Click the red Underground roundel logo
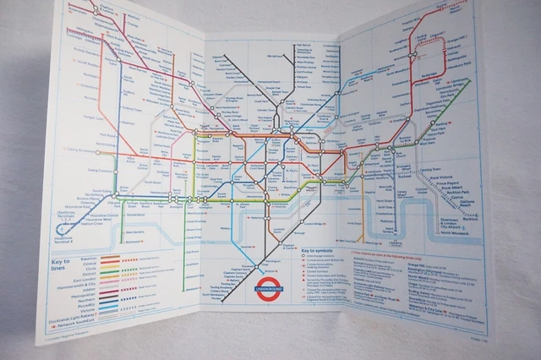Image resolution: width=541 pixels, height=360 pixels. pos(270,289)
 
